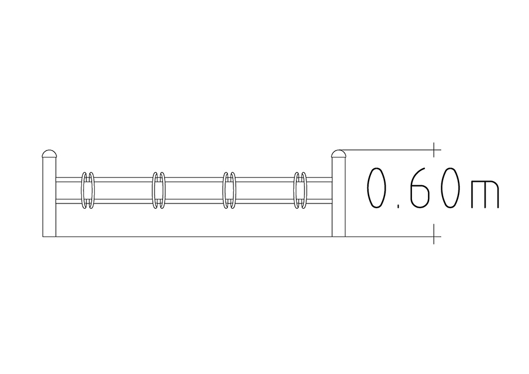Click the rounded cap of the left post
pos(49,154)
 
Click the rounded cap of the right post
pos(339,154)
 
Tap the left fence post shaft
pos(49,197)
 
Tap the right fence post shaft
pos(339,197)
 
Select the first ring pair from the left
pos(82,191)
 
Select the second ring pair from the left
pos(153,191)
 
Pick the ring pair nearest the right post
pos(294,191)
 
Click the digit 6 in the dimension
pos(419,188)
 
